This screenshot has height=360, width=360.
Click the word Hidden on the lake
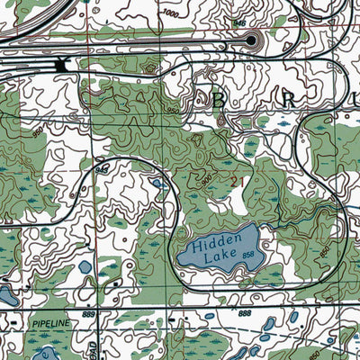(x=214, y=239)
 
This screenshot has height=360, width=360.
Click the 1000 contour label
(x=171, y=14)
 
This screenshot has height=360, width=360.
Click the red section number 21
(x=237, y=181)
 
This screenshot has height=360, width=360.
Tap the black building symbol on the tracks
(x=61, y=64)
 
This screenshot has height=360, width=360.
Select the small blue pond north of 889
(x=85, y=267)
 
